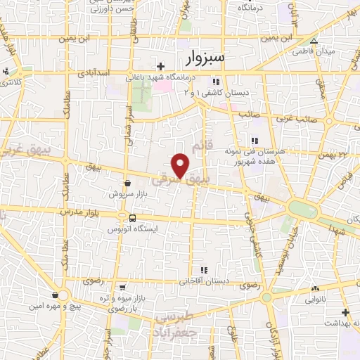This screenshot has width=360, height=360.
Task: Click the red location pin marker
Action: point(181,165)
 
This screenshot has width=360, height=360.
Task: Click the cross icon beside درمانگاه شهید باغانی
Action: point(162,67)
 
